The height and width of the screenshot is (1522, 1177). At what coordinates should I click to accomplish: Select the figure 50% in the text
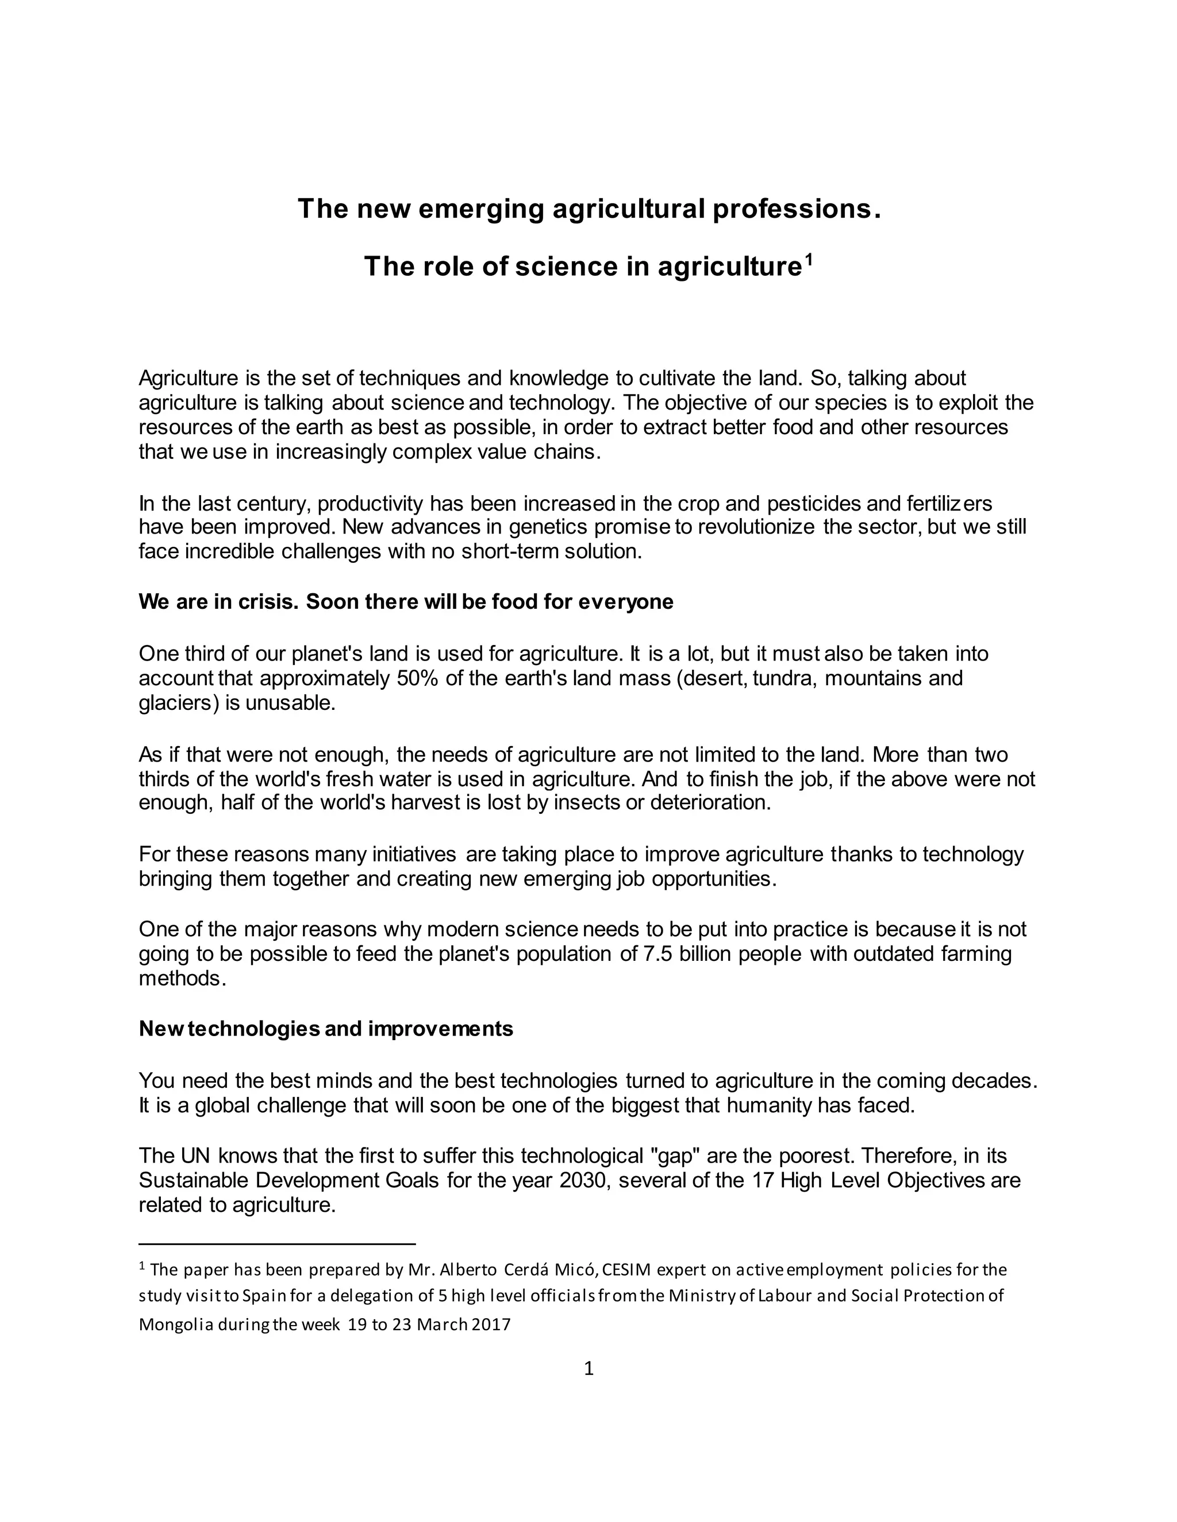pyautogui.click(x=417, y=678)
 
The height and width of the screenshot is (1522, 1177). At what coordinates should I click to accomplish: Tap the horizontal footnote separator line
pyautogui.click(x=277, y=1243)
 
